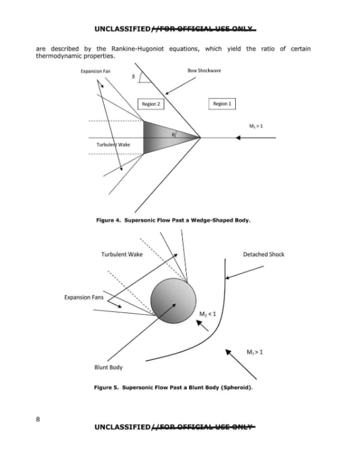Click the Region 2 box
151,104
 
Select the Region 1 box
222,104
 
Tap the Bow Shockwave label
204,70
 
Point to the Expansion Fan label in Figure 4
95,71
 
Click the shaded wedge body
161,137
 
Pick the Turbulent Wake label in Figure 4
113,145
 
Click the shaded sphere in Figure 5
173,300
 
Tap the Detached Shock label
263,254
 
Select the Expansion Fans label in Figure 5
84,297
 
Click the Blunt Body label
109,368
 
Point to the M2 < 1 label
208,314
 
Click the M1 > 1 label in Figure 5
255,352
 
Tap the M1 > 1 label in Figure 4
256,126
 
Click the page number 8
38,419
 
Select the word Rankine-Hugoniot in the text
137,49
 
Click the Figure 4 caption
173,220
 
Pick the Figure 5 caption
173,387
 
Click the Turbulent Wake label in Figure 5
122,254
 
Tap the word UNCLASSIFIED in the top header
123,29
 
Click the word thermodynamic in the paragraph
59,56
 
